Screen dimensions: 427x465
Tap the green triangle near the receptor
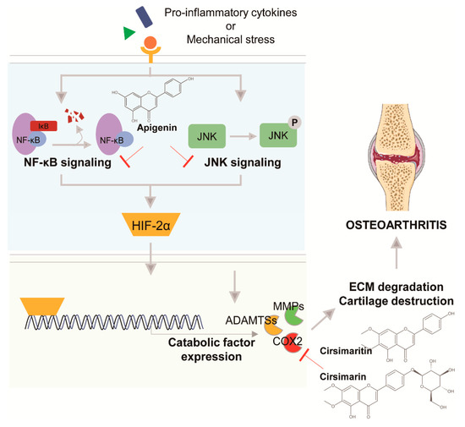click(129, 33)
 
